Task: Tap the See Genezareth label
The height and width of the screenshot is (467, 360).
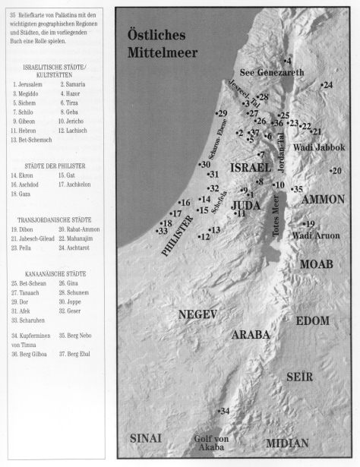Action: point(272,73)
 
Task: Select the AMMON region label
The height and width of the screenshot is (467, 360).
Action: point(324,199)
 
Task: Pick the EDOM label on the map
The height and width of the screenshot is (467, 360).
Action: point(312,321)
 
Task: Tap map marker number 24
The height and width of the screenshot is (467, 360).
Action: point(327,85)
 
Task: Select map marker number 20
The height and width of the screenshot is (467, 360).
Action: point(336,171)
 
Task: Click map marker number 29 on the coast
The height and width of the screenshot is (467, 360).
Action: point(221,114)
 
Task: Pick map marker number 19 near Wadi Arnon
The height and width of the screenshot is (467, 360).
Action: point(308,224)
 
